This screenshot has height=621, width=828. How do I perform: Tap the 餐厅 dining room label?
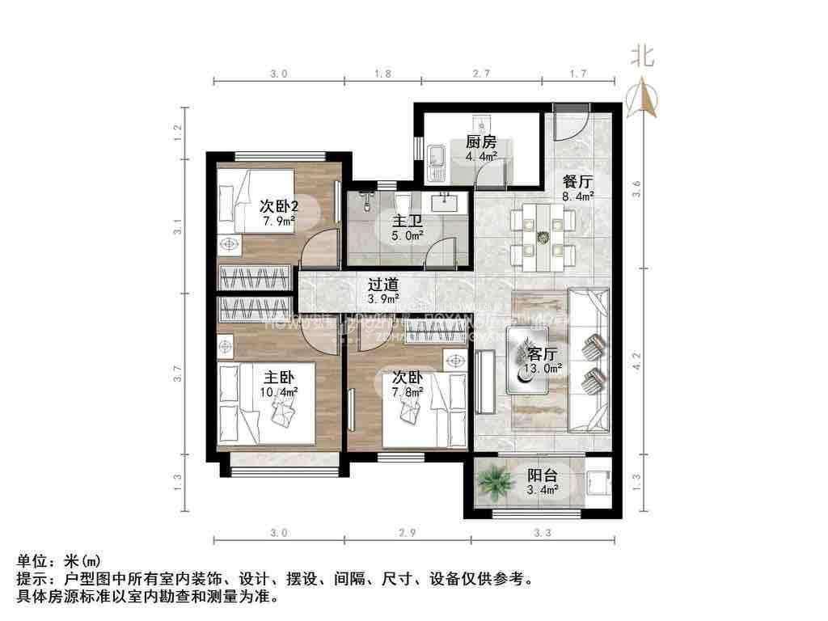coord(577,182)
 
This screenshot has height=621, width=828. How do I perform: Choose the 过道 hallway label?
coord(383,285)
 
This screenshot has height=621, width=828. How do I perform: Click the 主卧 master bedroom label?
coord(279,377)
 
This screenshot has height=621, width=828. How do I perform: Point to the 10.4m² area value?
coord(279,391)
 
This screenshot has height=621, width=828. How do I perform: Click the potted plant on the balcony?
coord(494,483)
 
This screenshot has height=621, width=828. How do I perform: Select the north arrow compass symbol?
coord(644,98)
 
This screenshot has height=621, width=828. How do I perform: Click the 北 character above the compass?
coord(644,56)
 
